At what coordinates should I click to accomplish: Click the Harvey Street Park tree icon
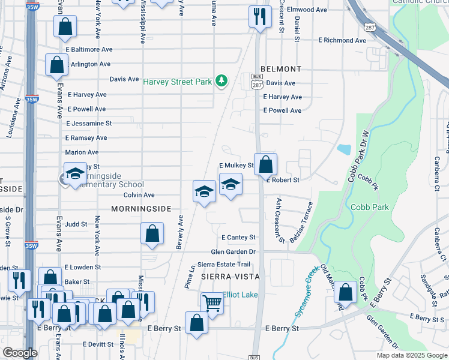coord(221,80)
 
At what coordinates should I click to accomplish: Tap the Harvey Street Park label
coord(178,81)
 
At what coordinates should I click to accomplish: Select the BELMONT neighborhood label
coord(281,69)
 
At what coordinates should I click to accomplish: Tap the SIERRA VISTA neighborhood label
coord(230,277)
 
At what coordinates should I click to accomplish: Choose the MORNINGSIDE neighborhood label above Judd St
coord(141,208)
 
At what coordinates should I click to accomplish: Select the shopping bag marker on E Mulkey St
coord(265,163)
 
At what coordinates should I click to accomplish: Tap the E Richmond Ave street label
coord(342,41)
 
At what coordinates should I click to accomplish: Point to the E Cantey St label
coord(238,238)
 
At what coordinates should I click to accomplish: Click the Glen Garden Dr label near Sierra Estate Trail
coord(233,252)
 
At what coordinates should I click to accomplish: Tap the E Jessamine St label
coord(89,124)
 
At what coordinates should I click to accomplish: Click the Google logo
coord(20,353)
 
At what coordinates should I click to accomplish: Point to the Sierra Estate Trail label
coord(223,265)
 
